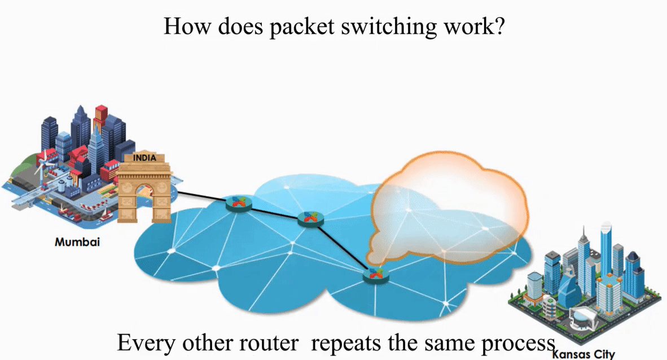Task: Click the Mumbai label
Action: tap(77, 242)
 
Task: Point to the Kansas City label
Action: tap(583, 354)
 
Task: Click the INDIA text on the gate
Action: tap(144, 158)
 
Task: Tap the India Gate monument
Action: tap(144, 189)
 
